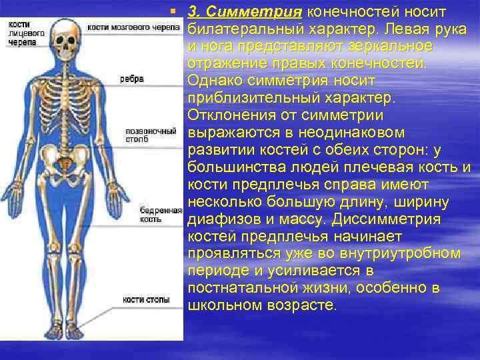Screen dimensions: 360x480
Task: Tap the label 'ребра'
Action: point(132,78)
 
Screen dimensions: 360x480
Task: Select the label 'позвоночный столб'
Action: point(141,135)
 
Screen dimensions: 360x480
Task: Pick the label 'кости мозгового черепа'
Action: point(133,27)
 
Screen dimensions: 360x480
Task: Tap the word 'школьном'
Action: point(223,305)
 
